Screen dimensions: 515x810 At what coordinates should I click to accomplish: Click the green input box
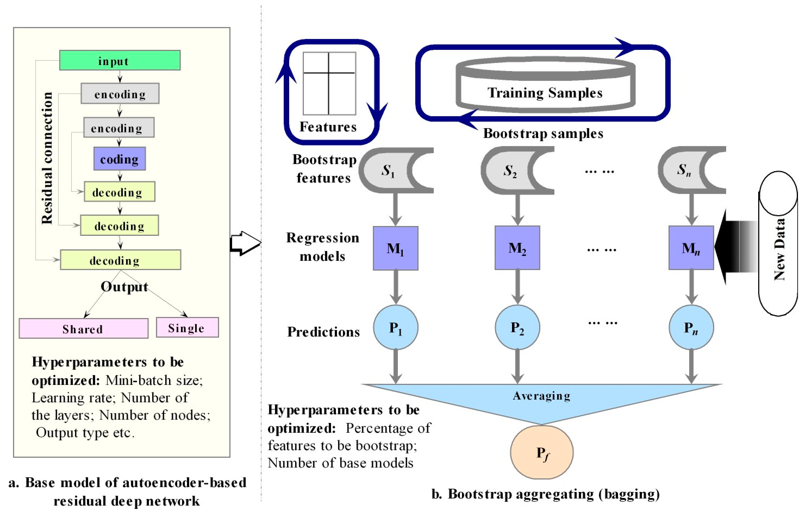pyautogui.click(x=120, y=60)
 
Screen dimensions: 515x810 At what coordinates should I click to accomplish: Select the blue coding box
pyautogui.click(x=119, y=159)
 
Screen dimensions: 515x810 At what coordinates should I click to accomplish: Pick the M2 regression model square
pyautogui.click(x=517, y=248)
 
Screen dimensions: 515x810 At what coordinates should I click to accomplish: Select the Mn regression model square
pyautogui.click(x=691, y=248)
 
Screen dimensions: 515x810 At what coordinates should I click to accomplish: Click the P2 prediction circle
pyautogui.click(x=517, y=327)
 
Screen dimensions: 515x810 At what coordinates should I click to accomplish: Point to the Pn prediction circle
pyautogui.click(x=691, y=327)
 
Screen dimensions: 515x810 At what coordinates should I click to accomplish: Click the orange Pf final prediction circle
pyautogui.click(x=542, y=452)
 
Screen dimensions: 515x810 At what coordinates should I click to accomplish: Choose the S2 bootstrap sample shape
pyautogui.click(x=510, y=171)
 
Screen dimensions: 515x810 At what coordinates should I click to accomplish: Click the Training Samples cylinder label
pyautogui.click(x=545, y=93)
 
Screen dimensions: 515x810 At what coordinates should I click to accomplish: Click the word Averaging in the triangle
pyautogui.click(x=542, y=396)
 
